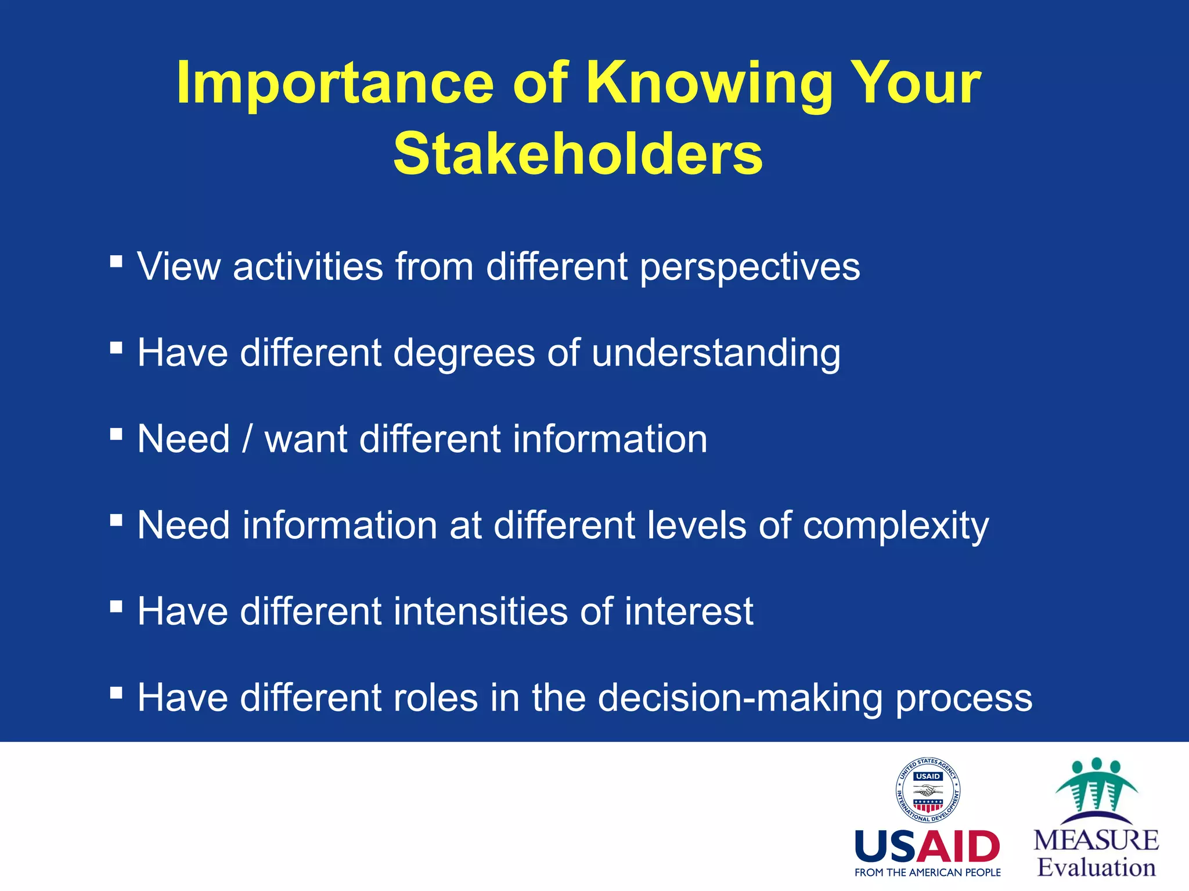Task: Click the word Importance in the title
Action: click(x=335, y=84)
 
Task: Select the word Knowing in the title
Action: click(x=708, y=84)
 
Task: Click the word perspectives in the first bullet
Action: click(x=750, y=268)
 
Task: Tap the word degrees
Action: click(x=464, y=354)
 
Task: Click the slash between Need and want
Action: click(x=247, y=439)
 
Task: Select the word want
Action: click(x=306, y=439)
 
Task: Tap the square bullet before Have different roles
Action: click(x=116, y=692)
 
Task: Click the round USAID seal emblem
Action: click(x=928, y=789)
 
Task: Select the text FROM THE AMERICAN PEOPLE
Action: click(x=928, y=872)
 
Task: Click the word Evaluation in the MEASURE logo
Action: click(x=1096, y=868)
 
